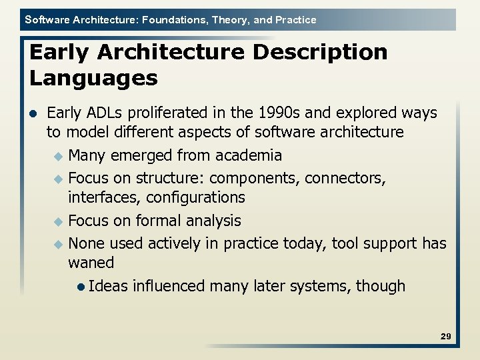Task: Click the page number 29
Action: point(446,337)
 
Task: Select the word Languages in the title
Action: point(93,79)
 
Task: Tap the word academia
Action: point(248,155)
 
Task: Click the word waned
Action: point(91,263)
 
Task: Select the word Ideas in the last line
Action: point(108,286)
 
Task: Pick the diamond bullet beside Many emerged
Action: point(59,156)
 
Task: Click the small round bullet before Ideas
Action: point(80,287)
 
